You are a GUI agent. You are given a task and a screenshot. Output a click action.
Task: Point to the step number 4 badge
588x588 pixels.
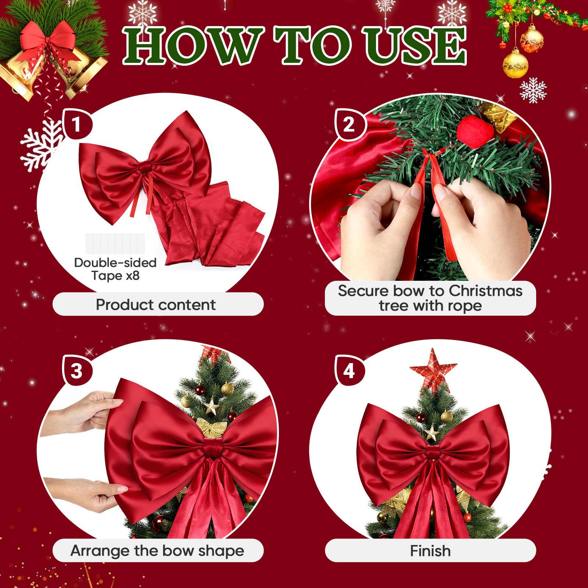349,370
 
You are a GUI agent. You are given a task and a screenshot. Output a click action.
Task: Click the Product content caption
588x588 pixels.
156,305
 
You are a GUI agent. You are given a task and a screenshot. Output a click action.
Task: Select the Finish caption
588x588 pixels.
430,551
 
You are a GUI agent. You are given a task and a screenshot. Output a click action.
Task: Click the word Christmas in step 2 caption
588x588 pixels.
485,291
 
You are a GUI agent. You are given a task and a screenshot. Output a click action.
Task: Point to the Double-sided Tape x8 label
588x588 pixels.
115,269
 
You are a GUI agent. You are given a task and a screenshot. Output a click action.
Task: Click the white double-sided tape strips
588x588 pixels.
115,244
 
